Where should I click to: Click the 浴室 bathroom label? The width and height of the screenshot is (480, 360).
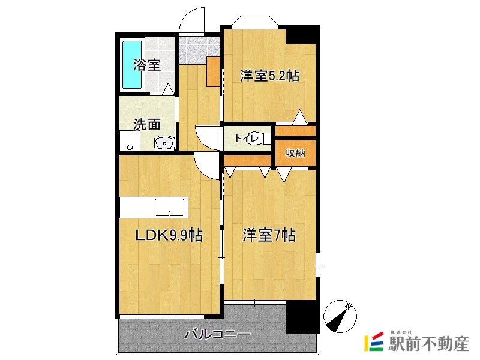147,64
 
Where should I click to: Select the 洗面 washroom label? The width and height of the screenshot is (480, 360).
147,124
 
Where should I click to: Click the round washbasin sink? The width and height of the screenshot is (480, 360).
164,143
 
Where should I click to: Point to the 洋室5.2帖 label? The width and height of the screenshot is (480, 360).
269,76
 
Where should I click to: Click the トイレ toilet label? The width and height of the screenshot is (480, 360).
246,139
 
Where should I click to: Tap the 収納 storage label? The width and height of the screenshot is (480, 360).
295,153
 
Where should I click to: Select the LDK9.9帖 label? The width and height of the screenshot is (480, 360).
167,236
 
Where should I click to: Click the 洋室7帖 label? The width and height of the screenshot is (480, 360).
269,235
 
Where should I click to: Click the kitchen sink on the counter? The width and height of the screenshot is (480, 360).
170,208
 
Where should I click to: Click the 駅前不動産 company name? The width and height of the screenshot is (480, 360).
429,344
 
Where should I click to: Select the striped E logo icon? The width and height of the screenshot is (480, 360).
374,342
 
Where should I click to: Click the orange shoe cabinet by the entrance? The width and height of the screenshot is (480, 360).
213,72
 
